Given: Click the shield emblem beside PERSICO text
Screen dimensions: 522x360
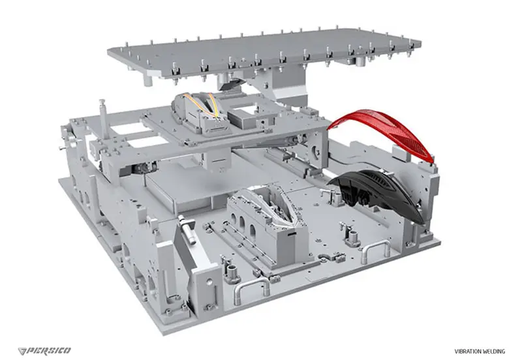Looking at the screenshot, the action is pos(23,351).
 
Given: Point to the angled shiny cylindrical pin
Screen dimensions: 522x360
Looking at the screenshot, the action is pos(187,228).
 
